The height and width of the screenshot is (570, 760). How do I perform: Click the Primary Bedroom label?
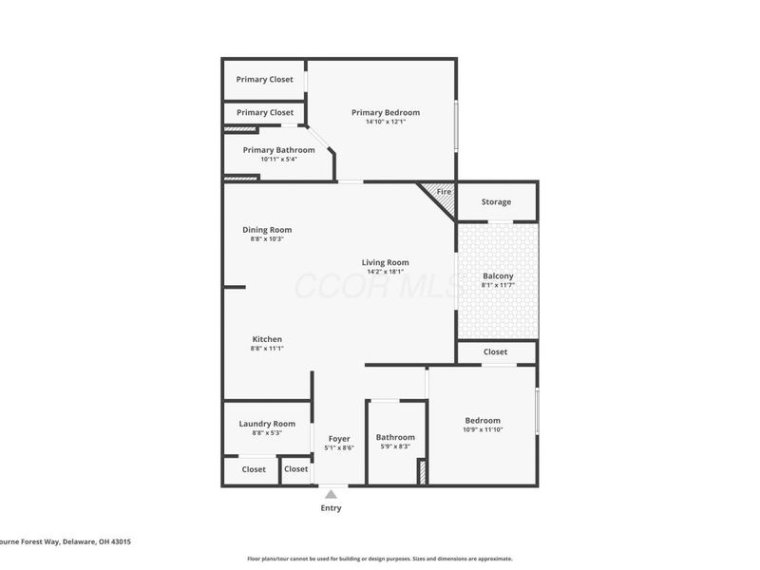(x=386, y=112)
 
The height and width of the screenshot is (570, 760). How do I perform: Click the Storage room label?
(x=496, y=201)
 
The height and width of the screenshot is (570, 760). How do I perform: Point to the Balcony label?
(x=498, y=276)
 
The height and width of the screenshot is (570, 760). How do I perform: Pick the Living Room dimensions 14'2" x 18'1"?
(x=385, y=272)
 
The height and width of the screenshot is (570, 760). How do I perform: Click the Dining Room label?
(x=267, y=230)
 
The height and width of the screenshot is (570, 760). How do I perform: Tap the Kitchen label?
(x=267, y=339)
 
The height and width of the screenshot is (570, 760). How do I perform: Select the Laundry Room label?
(x=267, y=424)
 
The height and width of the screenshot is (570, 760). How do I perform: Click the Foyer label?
(x=339, y=439)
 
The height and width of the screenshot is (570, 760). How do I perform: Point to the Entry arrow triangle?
(x=331, y=493)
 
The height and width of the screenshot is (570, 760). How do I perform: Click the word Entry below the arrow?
(x=331, y=508)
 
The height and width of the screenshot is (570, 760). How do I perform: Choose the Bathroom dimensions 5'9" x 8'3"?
(x=395, y=446)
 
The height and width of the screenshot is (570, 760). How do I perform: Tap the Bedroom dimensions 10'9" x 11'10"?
(x=483, y=429)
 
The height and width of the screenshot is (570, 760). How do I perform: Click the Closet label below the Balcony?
(x=495, y=351)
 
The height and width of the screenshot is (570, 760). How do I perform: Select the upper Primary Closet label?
(x=265, y=80)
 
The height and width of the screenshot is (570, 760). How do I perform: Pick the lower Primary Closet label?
(x=265, y=113)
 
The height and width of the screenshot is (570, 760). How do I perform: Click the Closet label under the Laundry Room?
(x=254, y=469)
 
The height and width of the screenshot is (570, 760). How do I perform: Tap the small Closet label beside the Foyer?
(x=296, y=469)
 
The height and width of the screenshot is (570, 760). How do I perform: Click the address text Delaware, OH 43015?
(x=98, y=541)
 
